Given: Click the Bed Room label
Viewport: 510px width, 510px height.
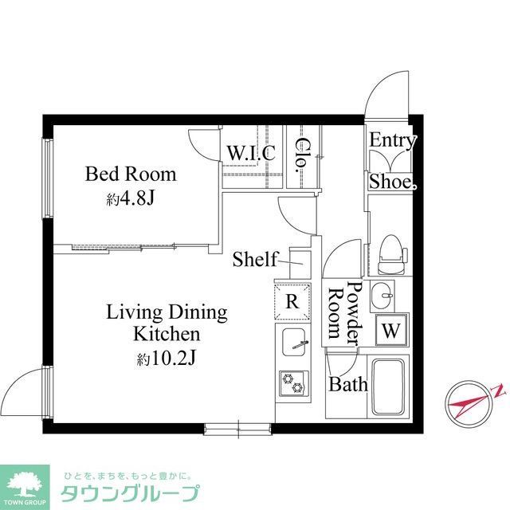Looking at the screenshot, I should (131, 174).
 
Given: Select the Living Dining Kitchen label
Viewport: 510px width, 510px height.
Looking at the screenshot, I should (167, 322).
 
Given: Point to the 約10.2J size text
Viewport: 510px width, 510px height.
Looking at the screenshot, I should (167, 359).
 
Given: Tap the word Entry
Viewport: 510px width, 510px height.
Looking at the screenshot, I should (392, 142).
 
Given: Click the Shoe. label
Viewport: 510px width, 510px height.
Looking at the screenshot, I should (392, 182).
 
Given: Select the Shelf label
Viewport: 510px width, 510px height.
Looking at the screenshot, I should (254, 259).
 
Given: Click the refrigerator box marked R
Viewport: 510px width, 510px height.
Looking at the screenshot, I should (292, 301).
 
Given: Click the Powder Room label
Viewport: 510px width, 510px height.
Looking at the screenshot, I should (344, 312).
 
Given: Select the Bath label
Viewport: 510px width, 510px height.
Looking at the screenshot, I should (348, 385).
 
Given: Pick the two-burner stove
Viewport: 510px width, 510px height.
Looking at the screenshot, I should (292, 383).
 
